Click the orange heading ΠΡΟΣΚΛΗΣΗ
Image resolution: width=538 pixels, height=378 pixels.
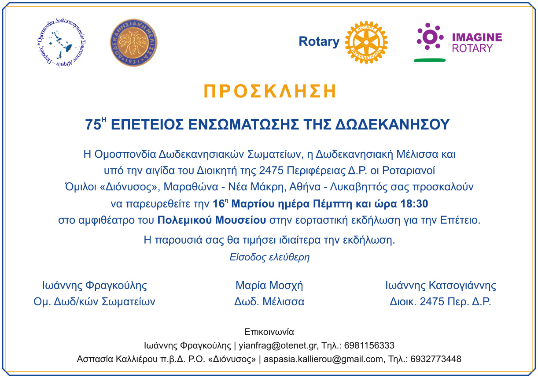(x=270, y=91)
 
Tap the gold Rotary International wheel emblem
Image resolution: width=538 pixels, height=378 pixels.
(x=366, y=42)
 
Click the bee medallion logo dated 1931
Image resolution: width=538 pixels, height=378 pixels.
(x=133, y=43)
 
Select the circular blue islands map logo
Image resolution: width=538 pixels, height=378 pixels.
(x=62, y=43)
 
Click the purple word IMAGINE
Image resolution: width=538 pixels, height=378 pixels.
(x=477, y=37)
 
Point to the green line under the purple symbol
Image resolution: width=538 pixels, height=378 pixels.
(x=430, y=60)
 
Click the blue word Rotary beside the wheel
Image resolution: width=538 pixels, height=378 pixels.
(x=319, y=41)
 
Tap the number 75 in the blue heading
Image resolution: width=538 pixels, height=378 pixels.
(x=93, y=125)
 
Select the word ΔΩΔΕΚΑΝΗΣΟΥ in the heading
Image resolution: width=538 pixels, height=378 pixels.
(x=392, y=125)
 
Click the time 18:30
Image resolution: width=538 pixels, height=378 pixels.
(x=414, y=204)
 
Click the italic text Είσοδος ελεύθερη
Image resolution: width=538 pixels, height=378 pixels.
(x=269, y=257)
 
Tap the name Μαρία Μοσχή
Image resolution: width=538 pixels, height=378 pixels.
(x=269, y=285)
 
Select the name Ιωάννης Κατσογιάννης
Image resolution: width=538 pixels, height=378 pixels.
(x=441, y=285)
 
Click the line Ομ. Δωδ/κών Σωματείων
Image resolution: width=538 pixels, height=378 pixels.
(x=94, y=302)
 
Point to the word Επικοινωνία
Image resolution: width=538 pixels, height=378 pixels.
(x=269, y=332)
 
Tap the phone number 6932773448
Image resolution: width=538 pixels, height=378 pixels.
(x=436, y=359)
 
